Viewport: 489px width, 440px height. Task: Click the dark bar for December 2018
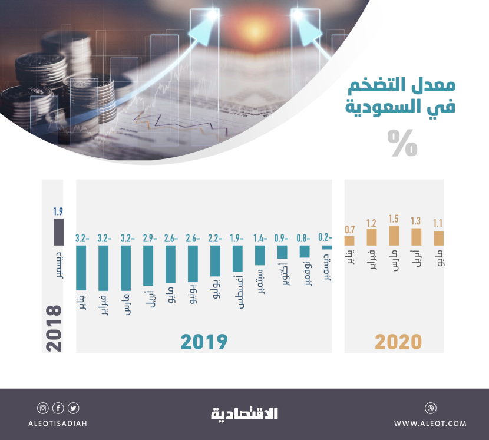58,231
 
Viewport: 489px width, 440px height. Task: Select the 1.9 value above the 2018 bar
58,211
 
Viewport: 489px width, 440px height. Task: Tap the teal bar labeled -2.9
148,266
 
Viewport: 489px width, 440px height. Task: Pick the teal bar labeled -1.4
260,255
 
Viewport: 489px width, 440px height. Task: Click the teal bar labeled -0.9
282,252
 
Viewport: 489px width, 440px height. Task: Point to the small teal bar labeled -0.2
327,247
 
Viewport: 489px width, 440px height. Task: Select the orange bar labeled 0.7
349,240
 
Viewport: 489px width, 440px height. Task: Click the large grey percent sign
402,143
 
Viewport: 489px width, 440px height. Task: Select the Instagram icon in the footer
43,408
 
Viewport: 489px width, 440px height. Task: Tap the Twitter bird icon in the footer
73,408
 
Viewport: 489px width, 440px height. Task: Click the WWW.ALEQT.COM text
430,423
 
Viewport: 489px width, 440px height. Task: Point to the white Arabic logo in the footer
244,413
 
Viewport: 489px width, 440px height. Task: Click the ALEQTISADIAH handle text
58,423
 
